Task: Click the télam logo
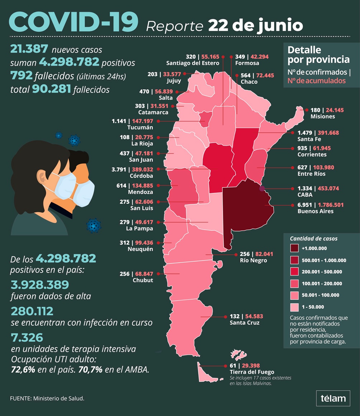pyautogui.click(x=333, y=398)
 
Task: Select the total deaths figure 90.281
pyautogui.click(x=51, y=89)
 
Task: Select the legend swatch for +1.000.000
pyautogui.click(x=295, y=248)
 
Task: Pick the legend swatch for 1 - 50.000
pyautogui.click(x=295, y=307)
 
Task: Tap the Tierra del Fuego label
pyautogui.click(x=251, y=372)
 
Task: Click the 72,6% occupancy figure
pyautogui.click(x=23, y=370)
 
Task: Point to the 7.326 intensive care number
pyautogui.click(x=27, y=338)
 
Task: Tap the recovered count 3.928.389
pyautogui.click(x=40, y=284)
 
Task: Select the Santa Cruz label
pyautogui.click(x=245, y=323)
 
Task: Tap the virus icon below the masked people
pyautogui.click(x=94, y=225)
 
